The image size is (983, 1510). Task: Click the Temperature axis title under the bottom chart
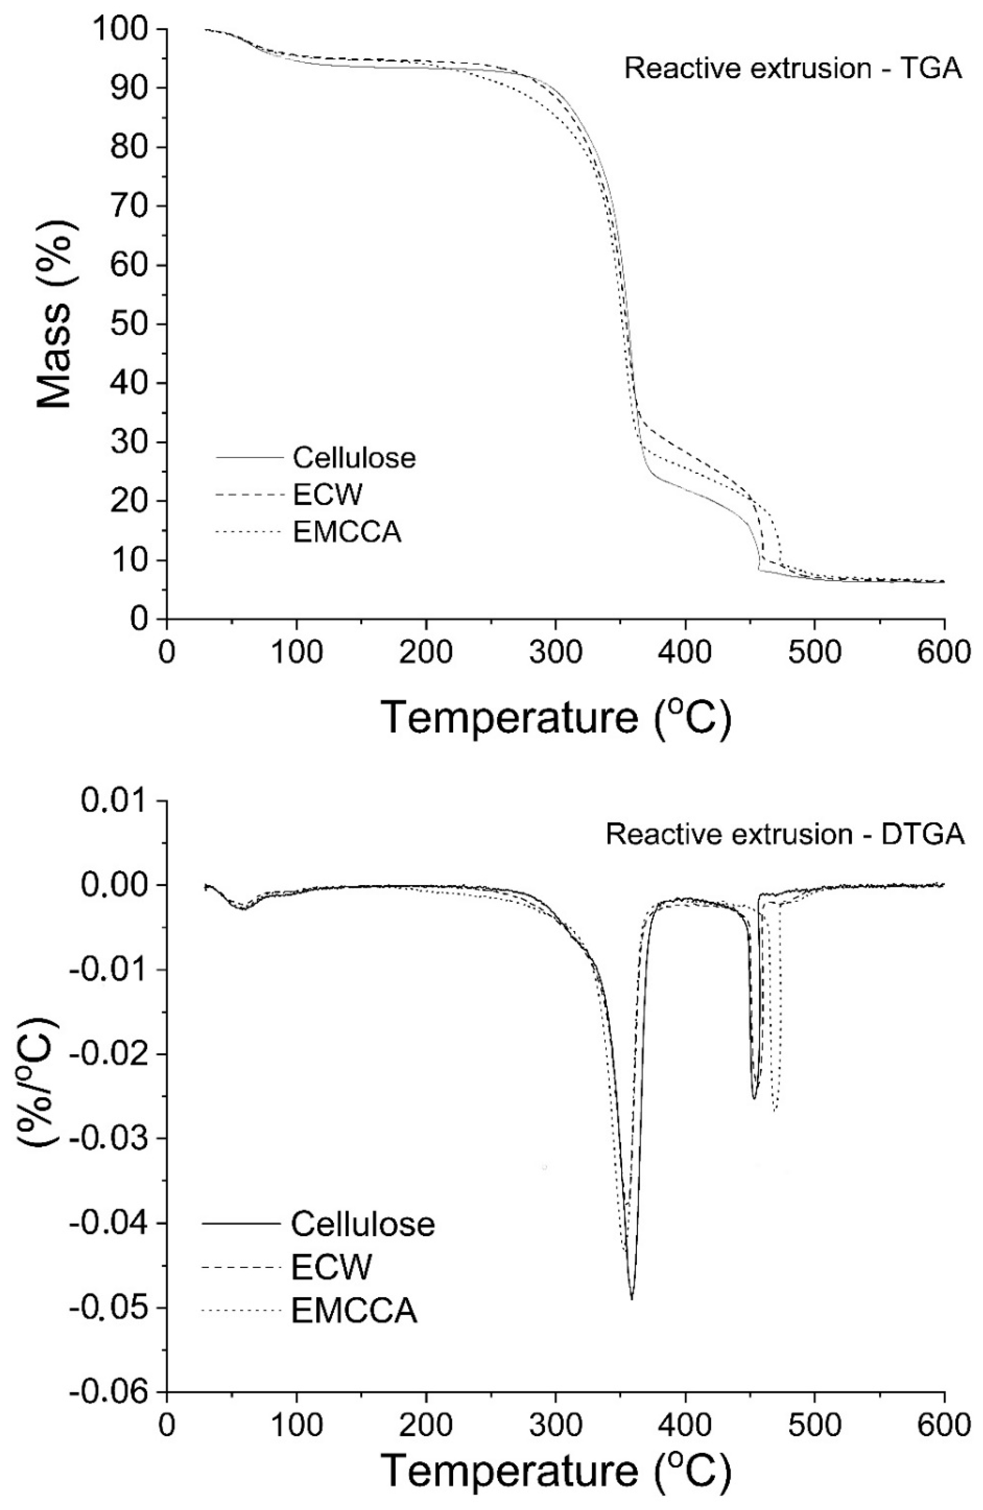556,1483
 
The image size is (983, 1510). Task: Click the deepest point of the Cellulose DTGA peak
632,1298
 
